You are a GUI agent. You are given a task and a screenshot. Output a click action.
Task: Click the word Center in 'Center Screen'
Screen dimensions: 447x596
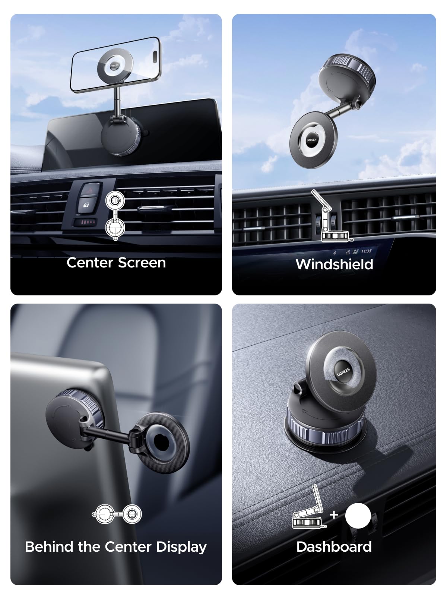pyautogui.click(x=90, y=263)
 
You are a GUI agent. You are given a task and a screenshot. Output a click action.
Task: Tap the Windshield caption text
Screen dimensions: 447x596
pyautogui.click(x=335, y=264)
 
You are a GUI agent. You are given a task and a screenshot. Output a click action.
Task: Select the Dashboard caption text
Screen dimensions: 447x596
pyautogui.click(x=334, y=546)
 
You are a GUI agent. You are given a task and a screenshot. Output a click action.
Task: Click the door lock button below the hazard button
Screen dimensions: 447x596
pyautogui.click(x=86, y=205)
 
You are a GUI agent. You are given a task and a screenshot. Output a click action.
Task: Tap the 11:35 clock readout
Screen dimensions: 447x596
pyautogui.click(x=366, y=251)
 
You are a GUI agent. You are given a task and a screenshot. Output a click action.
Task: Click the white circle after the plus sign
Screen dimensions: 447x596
pyautogui.click(x=358, y=516)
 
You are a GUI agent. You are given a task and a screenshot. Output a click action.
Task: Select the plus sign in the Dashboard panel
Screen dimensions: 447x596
pyautogui.click(x=334, y=514)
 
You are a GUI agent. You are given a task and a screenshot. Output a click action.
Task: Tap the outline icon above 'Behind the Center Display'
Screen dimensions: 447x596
pyautogui.click(x=117, y=514)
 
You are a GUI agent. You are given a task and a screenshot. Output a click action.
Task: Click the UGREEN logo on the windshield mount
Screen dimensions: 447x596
pyautogui.click(x=311, y=140)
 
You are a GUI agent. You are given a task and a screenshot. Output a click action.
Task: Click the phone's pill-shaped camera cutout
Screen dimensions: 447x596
pyautogui.click(x=155, y=57)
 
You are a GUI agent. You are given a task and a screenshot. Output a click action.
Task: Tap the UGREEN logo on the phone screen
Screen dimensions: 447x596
pyautogui.click(x=114, y=65)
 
